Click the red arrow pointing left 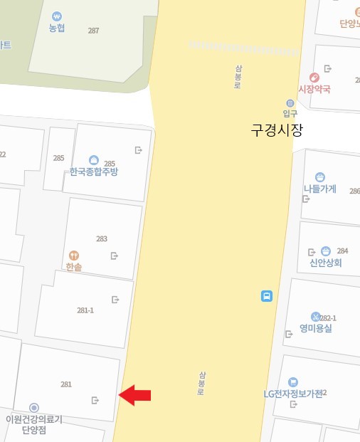tap(134, 395)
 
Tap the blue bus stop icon tap(267, 295)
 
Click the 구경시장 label tap(277, 131)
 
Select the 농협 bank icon tap(57, 16)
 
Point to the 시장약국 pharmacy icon tap(314, 78)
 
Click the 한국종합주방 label tap(94, 172)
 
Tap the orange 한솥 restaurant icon tap(73, 255)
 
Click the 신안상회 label tap(325, 262)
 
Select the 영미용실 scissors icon tap(316, 316)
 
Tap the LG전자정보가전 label tap(292, 394)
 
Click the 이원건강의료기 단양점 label tap(33, 424)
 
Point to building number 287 tap(93, 31)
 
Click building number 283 tap(102, 238)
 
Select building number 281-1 tap(85, 310)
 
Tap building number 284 tap(342, 251)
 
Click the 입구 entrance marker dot tap(290, 103)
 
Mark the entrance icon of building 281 tap(95, 400)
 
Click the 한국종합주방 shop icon tap(93, 160)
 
